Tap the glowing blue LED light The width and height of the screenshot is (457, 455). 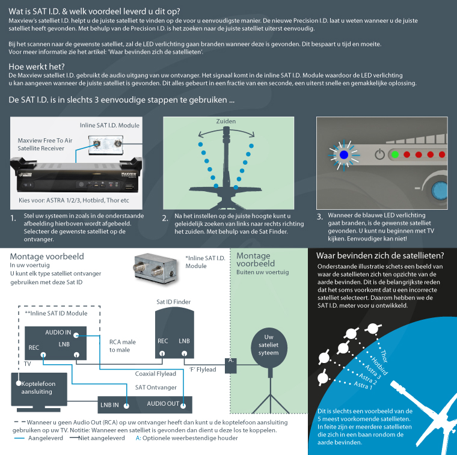coord(343,154)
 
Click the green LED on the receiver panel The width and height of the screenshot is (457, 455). coord(394,154)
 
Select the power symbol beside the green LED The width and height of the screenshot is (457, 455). coord(379,154)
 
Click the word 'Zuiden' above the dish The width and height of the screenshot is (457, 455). coord(226,121)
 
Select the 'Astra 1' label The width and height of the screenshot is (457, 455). coord(363,384)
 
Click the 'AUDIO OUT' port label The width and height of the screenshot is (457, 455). coord(163,403)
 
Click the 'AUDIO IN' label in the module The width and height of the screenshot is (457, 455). coord(58,332)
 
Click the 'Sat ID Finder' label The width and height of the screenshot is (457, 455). coord(173,302)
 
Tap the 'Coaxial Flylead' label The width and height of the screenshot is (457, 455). coord(155,374)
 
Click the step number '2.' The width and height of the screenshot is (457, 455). coord(165,218)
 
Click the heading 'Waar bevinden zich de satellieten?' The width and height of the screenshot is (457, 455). coord(380,255)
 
